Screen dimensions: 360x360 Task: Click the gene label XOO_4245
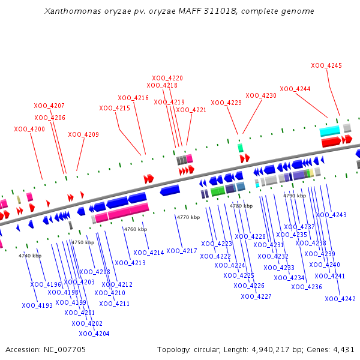coord(326,65)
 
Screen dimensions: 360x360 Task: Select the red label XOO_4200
coord(29,129)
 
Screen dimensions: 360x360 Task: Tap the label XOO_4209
coord(83,134)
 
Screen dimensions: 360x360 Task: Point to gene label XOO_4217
coord(182,251)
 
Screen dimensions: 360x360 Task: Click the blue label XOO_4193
coord(37,305)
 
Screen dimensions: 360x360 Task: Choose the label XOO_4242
coord(340,299)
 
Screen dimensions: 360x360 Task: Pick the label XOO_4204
coord(94,334)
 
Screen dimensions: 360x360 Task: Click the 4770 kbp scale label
coord(188,217)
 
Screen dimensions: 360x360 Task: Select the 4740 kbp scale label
coord(30,256)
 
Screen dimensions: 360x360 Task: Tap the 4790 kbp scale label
coord(295,196)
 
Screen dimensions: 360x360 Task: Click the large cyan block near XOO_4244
coord(329,131)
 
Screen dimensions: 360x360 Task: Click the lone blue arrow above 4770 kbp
coord(170,190)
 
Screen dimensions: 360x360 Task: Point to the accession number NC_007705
coord(65,350)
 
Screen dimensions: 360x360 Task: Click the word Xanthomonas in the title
coord(73,11)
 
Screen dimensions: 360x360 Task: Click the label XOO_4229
coord(226,103)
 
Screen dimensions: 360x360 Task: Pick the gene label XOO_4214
coord(149,253)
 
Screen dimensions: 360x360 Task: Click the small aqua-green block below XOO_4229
coord(240,148)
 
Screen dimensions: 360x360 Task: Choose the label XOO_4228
coord(250,236)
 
